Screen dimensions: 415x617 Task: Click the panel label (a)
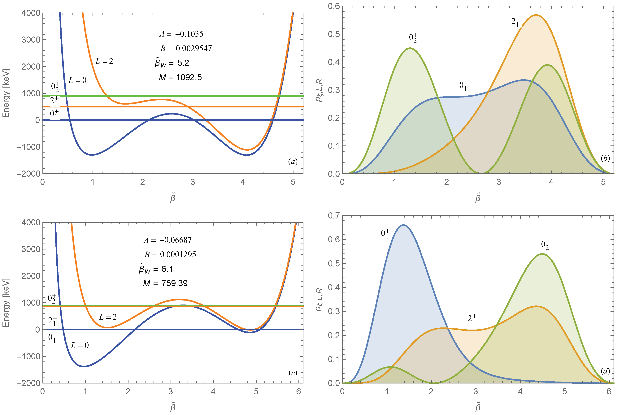pos(293,162)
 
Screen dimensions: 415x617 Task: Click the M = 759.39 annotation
pos(165,283)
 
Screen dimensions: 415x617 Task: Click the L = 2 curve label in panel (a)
pos(104,61)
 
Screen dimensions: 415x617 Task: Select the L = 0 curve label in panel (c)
pos(80,345)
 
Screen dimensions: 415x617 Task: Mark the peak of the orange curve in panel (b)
pos(536,15)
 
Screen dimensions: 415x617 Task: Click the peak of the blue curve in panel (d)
pos(403,225)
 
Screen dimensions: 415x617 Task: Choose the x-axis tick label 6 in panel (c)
pos(299,392)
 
